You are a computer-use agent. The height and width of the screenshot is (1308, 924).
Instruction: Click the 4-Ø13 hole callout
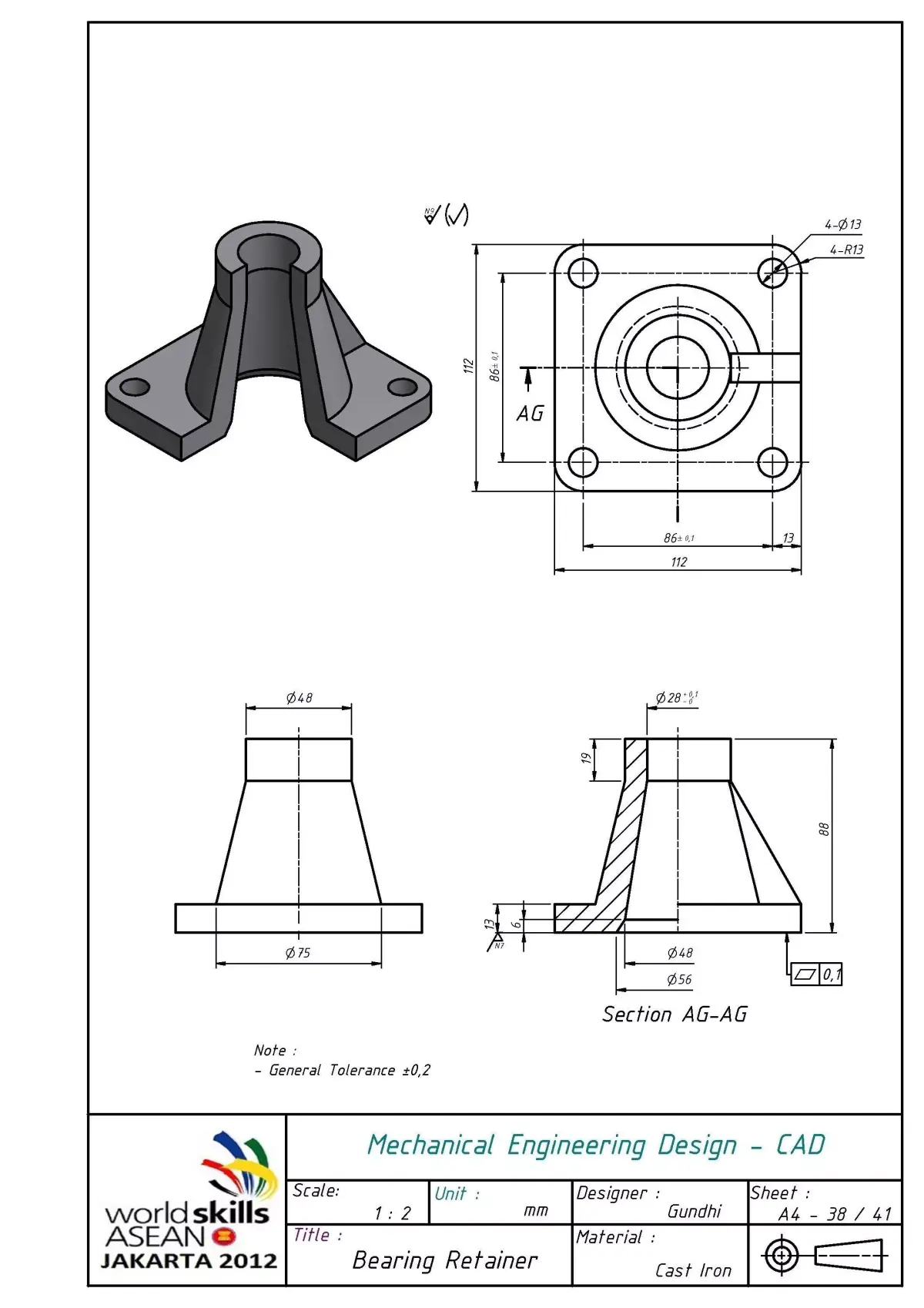click(x=842, y=225)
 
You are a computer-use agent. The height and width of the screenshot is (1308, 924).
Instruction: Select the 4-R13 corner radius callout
click(x=846, y=250)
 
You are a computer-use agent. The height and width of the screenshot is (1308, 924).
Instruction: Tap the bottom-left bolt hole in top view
click(x=583, y=463)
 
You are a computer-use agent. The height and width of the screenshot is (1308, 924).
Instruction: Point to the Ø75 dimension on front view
click(x=298, y=953)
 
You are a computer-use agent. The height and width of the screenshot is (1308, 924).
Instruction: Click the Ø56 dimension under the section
click(x=679, y=980)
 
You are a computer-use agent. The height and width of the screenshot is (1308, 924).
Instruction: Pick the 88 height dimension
click(x=824, y=830)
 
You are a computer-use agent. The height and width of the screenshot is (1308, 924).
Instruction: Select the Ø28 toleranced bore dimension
click(x=676, y=698)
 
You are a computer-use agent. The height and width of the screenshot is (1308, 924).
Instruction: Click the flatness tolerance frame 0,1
click(x=817, y=974)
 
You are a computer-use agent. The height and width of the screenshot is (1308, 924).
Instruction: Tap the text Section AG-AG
click(x=675, y=1015)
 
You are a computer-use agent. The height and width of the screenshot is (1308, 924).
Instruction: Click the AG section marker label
click(x=530, y=414)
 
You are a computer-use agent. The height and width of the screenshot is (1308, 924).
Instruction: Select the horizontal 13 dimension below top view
click(x=788, y=538)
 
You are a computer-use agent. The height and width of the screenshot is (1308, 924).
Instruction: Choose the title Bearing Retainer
click(x=444, y=1260)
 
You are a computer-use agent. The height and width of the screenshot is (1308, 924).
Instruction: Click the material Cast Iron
click(x=693, y=1270)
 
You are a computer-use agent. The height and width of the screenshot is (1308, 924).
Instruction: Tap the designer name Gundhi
click(x=694, y=1211)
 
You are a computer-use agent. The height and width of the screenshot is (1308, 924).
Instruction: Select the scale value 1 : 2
click(x=393, y=1213)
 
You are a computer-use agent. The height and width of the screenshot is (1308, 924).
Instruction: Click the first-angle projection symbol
click(x=824, y=1256)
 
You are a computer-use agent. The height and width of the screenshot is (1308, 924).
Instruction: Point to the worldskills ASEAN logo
click(x=190, y=1202)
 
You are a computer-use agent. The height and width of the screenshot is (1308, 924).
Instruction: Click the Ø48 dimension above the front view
click(x=299, y=698)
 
